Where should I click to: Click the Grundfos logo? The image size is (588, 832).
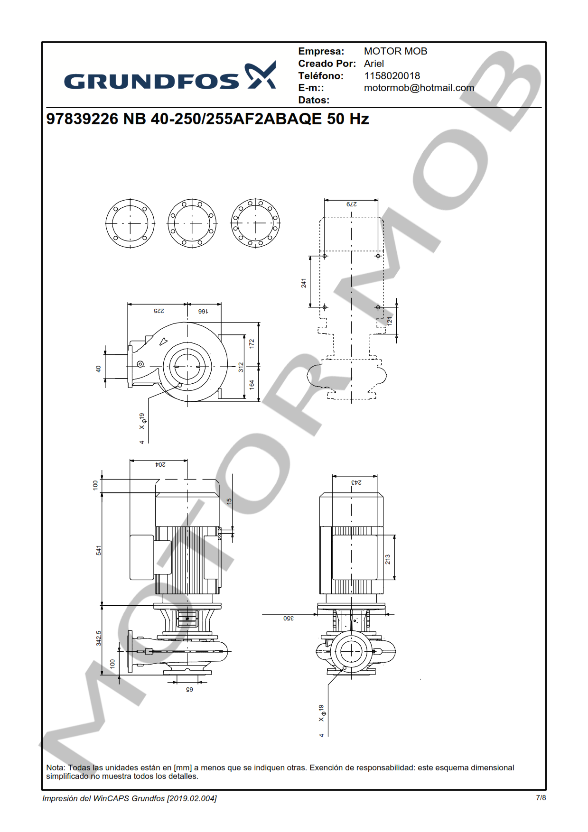tap(170, 76)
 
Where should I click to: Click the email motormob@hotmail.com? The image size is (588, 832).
tap(419, 88)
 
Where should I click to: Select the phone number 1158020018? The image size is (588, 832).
tap(392, 76)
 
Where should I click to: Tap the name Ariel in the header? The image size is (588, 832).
tap(374, 64)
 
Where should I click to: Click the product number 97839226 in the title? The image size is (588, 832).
tap(82, 119)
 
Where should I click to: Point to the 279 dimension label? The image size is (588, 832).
tap(352, 204)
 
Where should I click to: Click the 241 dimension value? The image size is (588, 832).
tap(304, 283)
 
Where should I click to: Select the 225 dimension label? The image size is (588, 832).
tap(159, 311)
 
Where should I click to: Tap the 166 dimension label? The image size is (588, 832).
tap(203, 311)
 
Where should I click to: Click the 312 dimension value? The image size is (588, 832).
tap(241, 367)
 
